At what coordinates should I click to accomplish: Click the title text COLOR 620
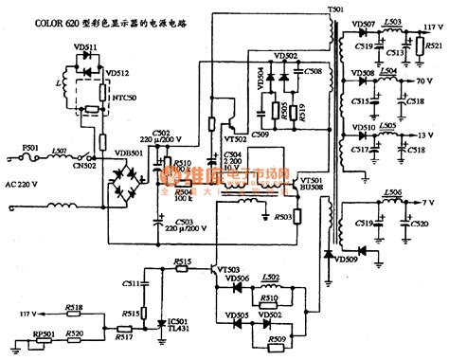click(40, 20)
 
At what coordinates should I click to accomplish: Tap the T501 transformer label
click(335, 9)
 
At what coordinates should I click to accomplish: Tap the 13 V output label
click(438, 135)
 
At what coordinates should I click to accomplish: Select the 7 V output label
click(438, 201)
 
